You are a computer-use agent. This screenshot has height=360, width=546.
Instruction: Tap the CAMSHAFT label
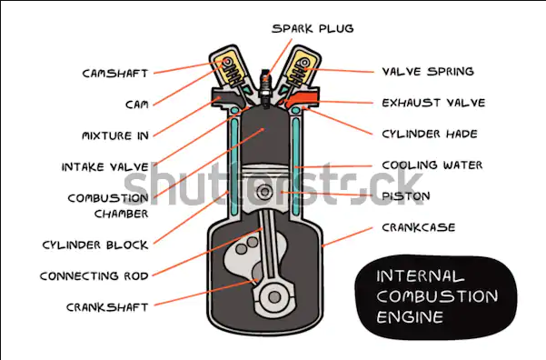[114, 73]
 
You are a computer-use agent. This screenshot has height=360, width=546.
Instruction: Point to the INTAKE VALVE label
[104, 167]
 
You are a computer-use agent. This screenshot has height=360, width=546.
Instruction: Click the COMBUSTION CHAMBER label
[107, 205]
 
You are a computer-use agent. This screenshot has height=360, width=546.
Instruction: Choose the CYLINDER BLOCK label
[94, 245]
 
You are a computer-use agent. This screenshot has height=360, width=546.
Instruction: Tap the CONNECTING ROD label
[94, 275]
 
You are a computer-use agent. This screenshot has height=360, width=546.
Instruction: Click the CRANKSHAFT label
[106, 306]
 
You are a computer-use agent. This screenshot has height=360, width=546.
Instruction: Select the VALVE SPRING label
[428, 71]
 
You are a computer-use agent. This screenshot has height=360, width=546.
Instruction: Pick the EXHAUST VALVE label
[433, 103]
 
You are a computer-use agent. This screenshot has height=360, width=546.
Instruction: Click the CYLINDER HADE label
[430, 134]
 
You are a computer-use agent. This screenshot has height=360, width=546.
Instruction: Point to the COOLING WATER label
[432, 165]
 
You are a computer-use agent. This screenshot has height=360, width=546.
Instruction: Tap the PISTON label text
[406, 195]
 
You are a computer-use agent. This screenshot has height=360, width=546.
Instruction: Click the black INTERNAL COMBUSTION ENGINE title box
[437, 295]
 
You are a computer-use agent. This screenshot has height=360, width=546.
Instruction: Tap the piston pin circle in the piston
[265, 192]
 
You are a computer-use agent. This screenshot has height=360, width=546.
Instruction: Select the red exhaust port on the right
[303, 98]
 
